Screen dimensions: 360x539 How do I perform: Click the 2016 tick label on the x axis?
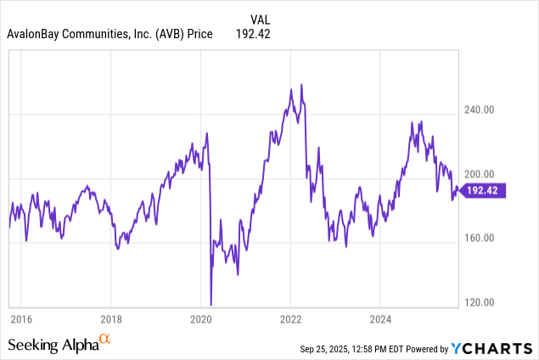(x=20, y=318)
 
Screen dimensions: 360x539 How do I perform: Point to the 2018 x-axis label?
(x=110, y=318)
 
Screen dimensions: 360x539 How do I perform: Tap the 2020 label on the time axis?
(x=200, y=318)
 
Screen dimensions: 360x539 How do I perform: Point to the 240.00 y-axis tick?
(x=481, y=110)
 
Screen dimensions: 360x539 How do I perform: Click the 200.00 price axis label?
(x=481, y=173)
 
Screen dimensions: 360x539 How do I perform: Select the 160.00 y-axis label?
(x=481, y=238)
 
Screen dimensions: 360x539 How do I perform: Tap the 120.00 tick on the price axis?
(x=481, y=302)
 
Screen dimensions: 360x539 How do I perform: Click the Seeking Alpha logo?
(x=53, y=345)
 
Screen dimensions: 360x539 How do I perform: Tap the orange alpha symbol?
(x=105, y=340)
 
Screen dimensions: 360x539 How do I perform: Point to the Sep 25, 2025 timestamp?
(x=340, y=348)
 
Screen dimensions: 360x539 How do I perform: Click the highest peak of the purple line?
(x=301, y=85)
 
